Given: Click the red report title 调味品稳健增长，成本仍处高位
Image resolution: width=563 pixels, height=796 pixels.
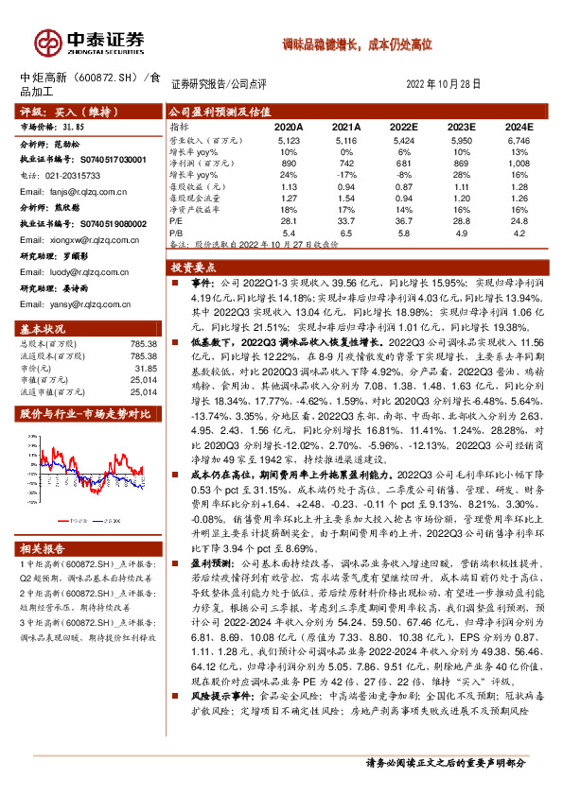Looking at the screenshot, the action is [x=358, y=44].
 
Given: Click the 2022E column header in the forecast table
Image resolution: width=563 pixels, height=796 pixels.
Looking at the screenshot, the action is [x=403, y=126].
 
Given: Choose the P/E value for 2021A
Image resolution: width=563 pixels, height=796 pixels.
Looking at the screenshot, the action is [x=348, y=221].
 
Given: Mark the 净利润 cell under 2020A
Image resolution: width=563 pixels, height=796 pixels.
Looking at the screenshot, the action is [x=290, y=164].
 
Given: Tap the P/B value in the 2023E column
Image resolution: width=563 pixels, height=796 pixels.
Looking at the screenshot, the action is [x=461, y=232].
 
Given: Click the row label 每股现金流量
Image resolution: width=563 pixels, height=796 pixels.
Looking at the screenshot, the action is [x=198, y=198].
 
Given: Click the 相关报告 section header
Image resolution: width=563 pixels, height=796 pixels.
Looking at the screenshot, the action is [x=44, y=549].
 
